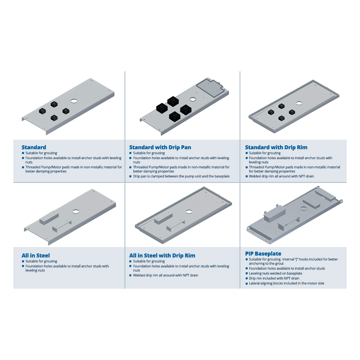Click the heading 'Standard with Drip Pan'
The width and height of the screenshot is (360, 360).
click(160, 147)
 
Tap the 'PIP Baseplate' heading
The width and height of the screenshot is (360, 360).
click(263, 254)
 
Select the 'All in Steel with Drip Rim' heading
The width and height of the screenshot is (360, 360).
click(162, 256)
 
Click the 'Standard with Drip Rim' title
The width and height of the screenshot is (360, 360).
click(276, 147)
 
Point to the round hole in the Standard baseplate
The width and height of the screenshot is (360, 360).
click(74, 101)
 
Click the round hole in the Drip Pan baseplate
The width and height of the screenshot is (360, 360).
click(193, 99)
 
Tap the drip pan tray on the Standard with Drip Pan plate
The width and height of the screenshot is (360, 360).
click(210, 89)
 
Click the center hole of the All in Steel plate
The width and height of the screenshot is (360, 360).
click(76, 211)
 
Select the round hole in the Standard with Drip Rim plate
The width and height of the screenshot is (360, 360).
click(299, 103)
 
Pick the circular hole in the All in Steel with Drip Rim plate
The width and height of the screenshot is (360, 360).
click(189, 211)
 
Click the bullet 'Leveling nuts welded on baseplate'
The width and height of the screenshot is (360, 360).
click(275, 273)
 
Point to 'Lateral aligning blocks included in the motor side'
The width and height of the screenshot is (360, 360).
click(287, 283)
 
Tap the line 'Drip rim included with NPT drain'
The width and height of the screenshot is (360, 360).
click(274, 278)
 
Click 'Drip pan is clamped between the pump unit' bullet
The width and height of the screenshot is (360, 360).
click(181, 176)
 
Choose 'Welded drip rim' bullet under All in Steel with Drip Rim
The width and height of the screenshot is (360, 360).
click(166, 275)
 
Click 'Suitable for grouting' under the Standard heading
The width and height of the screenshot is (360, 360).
click(41, 153)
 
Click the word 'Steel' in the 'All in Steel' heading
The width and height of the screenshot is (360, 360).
click(43, 256)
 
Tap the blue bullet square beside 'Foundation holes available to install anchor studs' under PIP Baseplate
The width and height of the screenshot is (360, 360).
click(247, 268)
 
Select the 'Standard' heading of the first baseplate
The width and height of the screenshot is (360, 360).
click(34, 147)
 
